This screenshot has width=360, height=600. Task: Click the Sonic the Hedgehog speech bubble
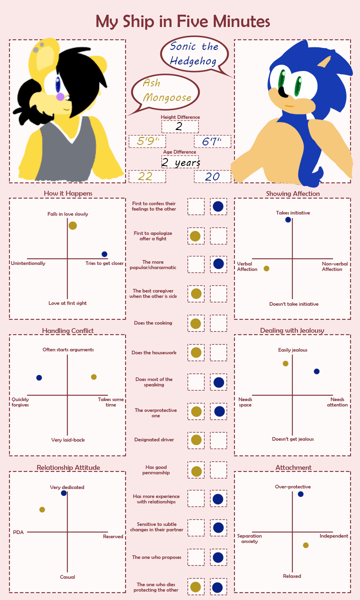tap(194, 53)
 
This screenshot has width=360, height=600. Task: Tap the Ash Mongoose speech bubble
tap(166, 90)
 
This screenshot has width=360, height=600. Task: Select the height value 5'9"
tap(148, 141)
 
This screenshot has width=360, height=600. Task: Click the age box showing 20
tap(212, 176)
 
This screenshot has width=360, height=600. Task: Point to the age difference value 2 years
tap(180, 162)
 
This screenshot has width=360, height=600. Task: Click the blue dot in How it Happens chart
tap(104, 254)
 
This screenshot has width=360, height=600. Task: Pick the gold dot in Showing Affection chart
tap(266, 268)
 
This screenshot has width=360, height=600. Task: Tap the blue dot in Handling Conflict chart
tap(39, 377)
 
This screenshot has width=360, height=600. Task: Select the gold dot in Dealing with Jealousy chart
tap(285, 363)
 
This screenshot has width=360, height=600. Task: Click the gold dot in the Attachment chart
tap(305, 545)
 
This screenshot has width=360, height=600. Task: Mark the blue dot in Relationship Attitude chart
tap(63, 493)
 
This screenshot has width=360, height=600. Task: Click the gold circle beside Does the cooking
tap(196, 323)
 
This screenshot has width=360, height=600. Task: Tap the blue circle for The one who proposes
tap(218, 557)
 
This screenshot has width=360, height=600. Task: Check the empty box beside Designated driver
tap(218, 440)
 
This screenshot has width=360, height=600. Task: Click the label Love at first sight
tap(67, 303)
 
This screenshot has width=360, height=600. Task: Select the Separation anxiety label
tap(249, 538)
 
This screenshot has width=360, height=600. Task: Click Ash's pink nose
tap(60, 96)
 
